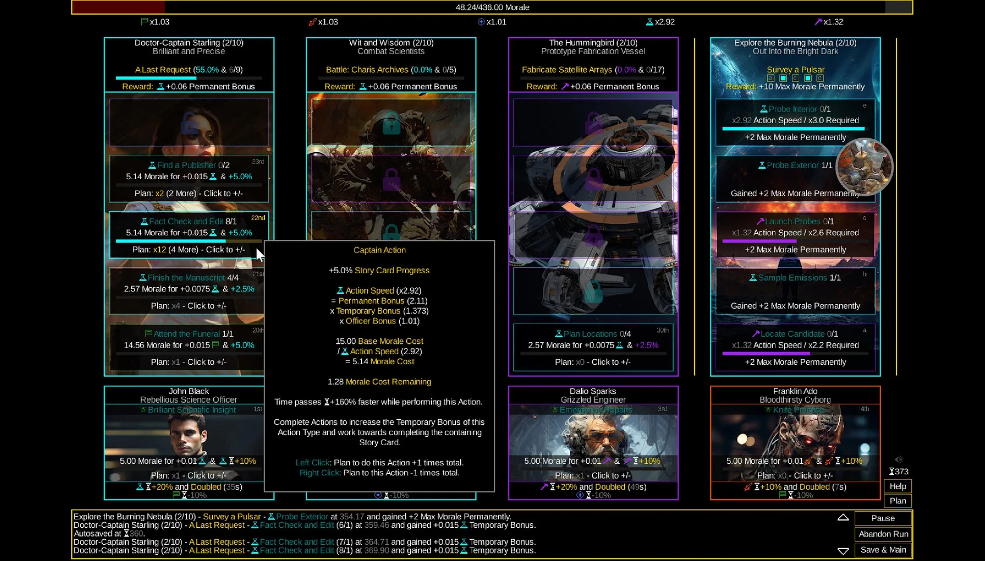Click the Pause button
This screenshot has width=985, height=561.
[883, 518]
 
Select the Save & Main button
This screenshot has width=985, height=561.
[883, 550]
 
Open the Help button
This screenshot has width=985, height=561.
[897, 486]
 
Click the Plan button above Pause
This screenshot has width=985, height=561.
[897, 501]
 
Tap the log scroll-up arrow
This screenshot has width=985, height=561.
[843, 517]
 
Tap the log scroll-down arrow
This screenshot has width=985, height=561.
[843, 551]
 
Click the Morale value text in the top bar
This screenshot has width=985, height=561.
[492, 7]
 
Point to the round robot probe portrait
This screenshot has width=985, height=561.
[864, 167]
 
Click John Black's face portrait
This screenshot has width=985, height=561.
[188, 434]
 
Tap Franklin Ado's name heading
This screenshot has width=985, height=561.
[795, 391]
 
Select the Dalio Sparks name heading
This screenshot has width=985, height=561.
[593, 391]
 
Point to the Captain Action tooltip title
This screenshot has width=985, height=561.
[379, 250]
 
